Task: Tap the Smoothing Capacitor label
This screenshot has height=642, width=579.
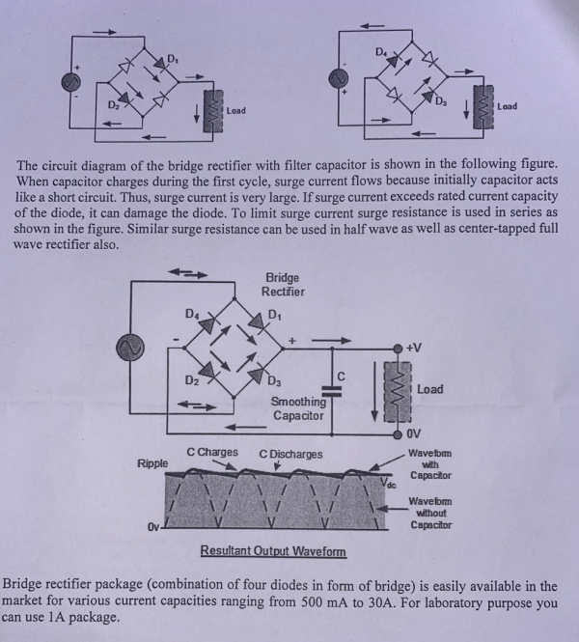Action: coord(297,408)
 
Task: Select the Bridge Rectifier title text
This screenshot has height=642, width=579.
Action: coord(284,285)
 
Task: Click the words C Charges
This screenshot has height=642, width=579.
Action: coord(212,453)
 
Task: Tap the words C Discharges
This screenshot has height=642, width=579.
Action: coord(290,454)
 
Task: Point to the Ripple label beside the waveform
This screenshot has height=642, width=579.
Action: coord(152,464)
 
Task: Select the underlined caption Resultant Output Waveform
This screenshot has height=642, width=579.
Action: coord(272,552)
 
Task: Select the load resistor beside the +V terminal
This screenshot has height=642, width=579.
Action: coord(395,390)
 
